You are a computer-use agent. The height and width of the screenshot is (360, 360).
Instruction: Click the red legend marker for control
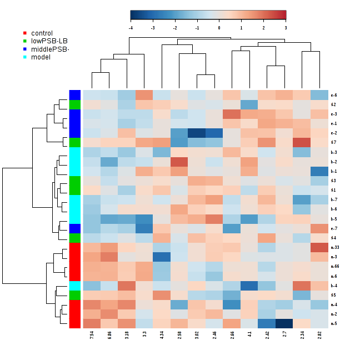click(x=24, y=33)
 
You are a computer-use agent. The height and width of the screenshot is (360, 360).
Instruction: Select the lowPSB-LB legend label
click(x=49, y=41)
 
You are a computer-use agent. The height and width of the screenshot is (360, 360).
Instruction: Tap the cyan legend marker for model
click(x=24, y=57)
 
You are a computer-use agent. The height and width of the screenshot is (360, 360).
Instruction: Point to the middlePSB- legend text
click(x=50, y=49)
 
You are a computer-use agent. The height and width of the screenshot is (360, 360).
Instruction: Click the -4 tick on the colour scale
click(x=131, y=27)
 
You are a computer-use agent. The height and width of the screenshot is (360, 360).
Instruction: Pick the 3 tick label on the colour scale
click(x=286, y=27)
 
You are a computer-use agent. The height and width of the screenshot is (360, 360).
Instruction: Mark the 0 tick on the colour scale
click(x=219, y=27)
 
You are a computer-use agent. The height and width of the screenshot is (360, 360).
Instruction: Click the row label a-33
click(x=334, y=247)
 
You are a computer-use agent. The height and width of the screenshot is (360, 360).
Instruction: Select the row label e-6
click(x=333, y=94)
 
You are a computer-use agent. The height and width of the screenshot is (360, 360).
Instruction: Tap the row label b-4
click(x=333, y=286)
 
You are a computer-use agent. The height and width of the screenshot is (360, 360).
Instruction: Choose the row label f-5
click(x=333, y=295)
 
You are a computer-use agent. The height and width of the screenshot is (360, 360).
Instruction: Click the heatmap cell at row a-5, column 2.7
click(x=284, y=323)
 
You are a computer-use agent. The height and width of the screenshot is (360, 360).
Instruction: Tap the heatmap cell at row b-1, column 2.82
click(x=319, y=171)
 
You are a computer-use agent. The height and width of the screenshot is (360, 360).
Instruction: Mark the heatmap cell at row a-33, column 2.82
click(x=319, y=247)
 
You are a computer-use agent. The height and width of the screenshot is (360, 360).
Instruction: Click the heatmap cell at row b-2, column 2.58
click(x=179, y=162)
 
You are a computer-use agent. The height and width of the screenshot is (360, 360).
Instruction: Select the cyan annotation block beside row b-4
click(x=74, y=286)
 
